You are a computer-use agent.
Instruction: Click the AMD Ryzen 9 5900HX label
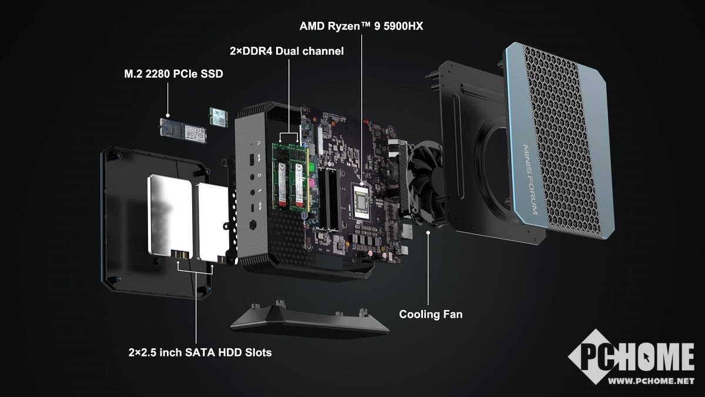pos(361,26)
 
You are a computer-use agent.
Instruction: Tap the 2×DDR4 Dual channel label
pos(287,51)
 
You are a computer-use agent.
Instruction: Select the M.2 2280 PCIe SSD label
pos(173,74)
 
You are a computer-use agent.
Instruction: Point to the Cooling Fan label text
pos(431,314)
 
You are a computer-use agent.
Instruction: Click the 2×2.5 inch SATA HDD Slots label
pos(200,352)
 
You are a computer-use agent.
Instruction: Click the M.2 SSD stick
pos(183,131)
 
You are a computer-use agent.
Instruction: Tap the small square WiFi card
pos(219,117)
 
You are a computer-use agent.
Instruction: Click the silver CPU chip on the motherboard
pos(362,202)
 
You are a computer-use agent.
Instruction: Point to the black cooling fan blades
pos(425,183)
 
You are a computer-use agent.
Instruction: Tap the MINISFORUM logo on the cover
pos(530,179)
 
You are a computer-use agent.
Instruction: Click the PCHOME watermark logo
pos(632,356)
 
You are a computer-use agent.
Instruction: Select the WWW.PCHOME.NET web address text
pos(651,381)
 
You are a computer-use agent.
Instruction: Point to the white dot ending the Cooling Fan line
pos(428,232)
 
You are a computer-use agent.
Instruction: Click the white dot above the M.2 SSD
pos(168,115)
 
